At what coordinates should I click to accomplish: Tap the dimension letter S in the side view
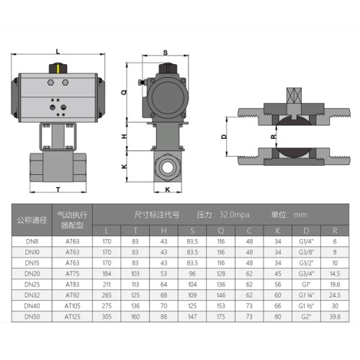point(165,53)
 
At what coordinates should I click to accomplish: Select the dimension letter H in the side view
point(124,136)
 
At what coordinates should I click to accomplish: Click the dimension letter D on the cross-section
point(223,136)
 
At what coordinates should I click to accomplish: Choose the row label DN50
point(32,316)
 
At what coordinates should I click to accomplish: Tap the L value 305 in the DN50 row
point(107,316)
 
